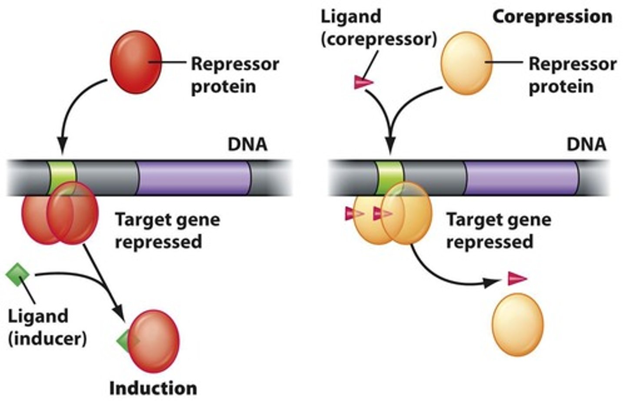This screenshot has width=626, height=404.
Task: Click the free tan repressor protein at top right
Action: coord(466,63)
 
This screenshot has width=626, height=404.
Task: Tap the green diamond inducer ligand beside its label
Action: coord(17,275)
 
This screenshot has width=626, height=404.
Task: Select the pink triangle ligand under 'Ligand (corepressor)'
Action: coord(363,82)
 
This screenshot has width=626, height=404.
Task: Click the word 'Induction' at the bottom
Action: coord(153,388)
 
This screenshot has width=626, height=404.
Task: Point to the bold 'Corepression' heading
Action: coord(552,17)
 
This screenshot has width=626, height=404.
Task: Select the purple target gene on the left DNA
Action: coord(194,178)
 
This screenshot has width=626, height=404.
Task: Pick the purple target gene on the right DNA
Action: coord(522,178)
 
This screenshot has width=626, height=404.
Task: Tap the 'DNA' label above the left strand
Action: coord(247,144)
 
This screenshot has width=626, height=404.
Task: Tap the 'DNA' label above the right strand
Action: coord(586,144)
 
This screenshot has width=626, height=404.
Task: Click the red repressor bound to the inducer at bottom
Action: coord(153,341)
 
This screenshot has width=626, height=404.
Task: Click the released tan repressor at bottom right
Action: coord(517,325)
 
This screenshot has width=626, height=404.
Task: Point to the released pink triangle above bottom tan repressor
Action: coord(517,278)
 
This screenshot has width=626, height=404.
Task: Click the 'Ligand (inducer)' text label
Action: coord(47,327)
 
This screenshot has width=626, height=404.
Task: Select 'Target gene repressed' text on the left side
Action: coord(167,230)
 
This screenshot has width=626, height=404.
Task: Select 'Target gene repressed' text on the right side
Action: coord(499,230)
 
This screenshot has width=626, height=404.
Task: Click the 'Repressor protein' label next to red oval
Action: coord(235,75)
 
